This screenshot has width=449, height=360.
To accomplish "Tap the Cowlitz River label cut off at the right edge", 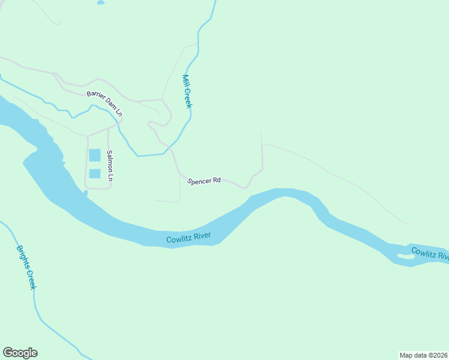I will click(430, 254).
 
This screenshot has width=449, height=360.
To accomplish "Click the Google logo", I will click(20, 353).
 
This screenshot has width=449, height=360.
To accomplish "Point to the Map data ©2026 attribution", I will click(424, 355).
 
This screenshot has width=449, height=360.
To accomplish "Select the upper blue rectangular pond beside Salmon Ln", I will click(95, 155).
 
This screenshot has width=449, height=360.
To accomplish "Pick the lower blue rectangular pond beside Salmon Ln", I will click(95, 173).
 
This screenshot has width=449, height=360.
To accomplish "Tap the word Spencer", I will click(199, 181).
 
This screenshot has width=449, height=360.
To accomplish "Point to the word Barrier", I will click(95, 95).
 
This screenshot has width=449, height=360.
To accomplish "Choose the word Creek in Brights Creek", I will click(31, 279).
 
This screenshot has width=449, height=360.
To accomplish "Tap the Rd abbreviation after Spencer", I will click(217, 180).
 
